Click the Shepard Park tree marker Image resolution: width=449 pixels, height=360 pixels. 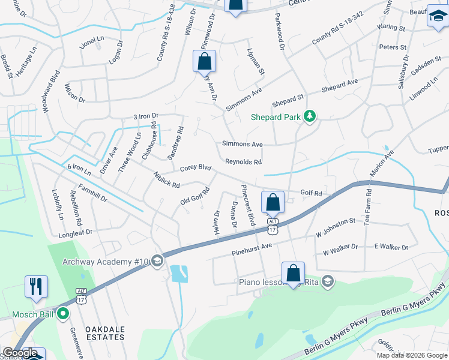310,116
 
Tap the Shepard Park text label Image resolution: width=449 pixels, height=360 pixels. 275,117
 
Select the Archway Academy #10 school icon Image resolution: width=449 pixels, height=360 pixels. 157,260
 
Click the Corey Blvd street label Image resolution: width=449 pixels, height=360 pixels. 196,168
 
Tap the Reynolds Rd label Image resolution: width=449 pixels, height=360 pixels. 243,162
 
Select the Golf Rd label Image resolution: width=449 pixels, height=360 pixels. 311,193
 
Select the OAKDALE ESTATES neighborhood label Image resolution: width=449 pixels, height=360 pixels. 104,333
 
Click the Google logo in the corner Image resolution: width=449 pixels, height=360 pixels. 19,353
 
